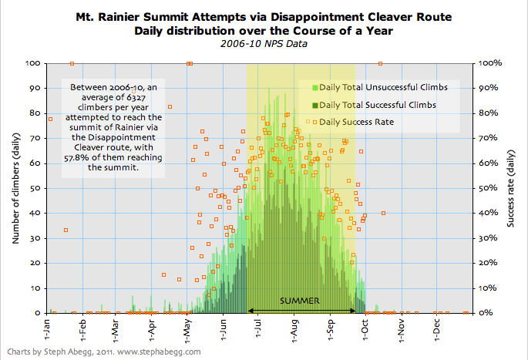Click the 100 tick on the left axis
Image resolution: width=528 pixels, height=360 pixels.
pyautogui.click(x=32, y=63)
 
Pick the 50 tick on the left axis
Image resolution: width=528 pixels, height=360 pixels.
pyautogui.click(x=35, y=188)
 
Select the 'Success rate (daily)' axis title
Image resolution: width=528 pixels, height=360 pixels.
pyautogui.click(x=512, y=188)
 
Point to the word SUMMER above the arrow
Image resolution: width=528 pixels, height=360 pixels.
pyautogui.click(x=300, y=301)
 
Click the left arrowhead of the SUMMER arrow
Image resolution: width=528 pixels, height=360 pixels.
pyautogui.click(x=251, y=311)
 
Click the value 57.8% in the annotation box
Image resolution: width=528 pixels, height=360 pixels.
pyautogui.click(x=72, y=159)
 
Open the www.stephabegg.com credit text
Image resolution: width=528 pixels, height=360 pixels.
pyautogui.click(x=159, y=352)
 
